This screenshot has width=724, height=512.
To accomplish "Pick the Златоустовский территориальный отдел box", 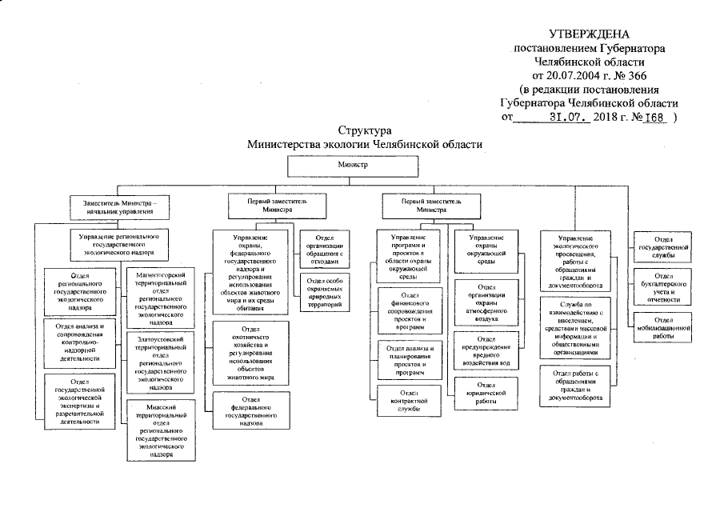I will [x=161, y=362].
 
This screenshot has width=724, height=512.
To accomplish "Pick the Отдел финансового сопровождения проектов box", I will [x=410, y=313].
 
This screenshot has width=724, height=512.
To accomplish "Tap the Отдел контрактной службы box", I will [x=410, y=397].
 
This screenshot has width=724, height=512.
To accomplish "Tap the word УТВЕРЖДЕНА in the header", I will [x=589, y=34].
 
